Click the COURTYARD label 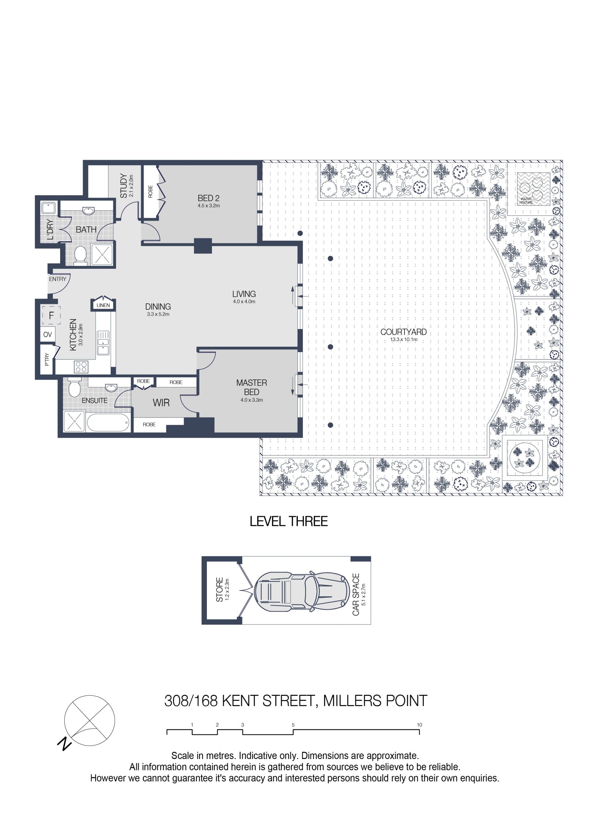(403, 332)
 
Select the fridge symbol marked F (51, 315)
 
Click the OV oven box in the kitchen (48, 334)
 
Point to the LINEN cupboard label (103, 305)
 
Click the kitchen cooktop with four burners (81, 367)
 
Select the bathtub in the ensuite (109, 423)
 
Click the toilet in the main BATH (80, 254)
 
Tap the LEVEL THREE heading (289, 521)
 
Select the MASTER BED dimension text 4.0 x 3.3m (252, 400)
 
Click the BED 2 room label (208, 198)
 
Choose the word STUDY (124, 186)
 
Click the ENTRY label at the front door (58, 279)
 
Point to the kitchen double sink (103, 343)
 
